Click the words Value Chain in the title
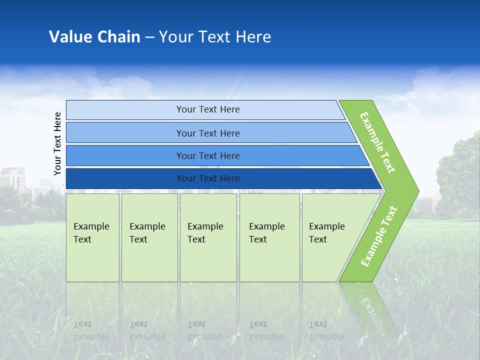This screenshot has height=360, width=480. tap(94, 37)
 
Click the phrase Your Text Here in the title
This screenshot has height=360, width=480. tap(215, 37)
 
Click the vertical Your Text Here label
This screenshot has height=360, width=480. tap(58, 144)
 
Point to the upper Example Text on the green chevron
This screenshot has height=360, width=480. tap(377, 142)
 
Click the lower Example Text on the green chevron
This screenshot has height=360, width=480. tap(379, 236)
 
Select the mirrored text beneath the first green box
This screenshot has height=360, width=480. tap(91, 330)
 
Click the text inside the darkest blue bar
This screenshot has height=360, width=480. tap(208, 178)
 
